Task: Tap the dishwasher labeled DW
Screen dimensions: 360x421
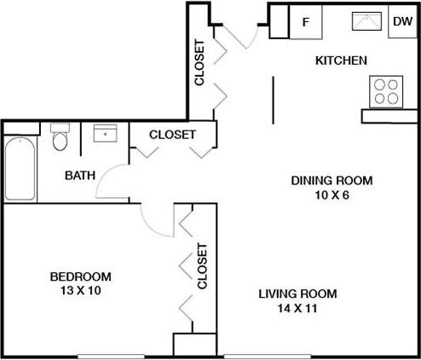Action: tap(401, 22)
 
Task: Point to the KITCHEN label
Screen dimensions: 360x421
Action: tap(341, 61)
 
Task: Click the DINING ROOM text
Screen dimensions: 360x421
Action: tap(332, 180)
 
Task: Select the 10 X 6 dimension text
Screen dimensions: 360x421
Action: tap(332, 194)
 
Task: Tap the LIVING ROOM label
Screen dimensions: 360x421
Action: tap(297, 294)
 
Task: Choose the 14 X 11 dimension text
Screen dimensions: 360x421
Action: tap(297, 308)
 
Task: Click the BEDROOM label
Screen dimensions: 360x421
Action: tap(80, 276)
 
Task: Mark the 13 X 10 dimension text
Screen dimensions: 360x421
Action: tap(80, 290)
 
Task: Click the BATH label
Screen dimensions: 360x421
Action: tap(80, 176)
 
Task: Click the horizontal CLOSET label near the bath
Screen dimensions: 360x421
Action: tap(172, 135)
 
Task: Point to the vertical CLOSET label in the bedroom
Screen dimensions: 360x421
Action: tap(202, 267)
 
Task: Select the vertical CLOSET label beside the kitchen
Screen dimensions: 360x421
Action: tap(199, 63)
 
